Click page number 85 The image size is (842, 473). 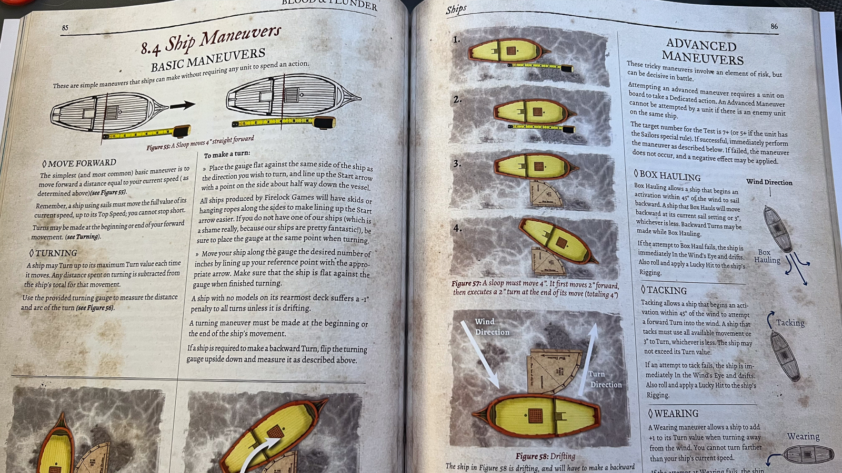coord(65,28)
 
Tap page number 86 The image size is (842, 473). coord(774,26)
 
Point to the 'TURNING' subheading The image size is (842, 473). coord(53,253)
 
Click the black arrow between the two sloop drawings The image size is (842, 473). coord(182,106)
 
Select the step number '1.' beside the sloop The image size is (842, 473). coord(456,39)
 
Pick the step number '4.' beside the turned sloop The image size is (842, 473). coord(457,228)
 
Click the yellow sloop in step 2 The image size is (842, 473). coord(534,112)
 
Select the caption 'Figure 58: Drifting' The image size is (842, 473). coord(545,456)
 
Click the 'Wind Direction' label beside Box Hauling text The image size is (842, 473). coord(769,182)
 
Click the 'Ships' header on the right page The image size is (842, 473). coord(456,9)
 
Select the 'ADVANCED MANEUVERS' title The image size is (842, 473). coord(702,52)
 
